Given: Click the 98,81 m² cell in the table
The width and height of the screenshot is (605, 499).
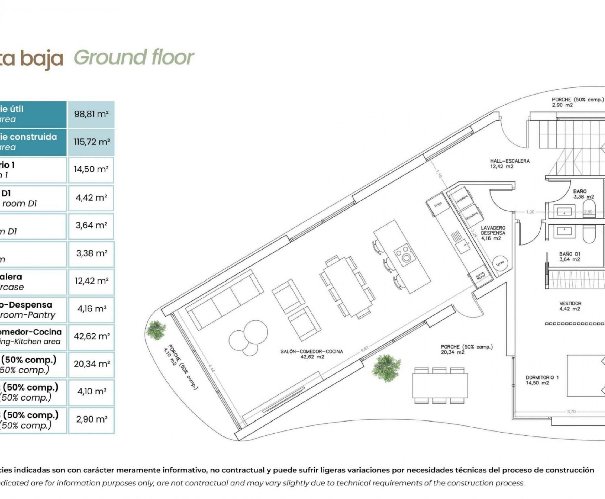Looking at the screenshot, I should coord(91,114).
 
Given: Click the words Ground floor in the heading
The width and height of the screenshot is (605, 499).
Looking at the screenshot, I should coord(134,57).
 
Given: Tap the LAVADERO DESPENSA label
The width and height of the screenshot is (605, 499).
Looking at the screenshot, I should coord(493,233).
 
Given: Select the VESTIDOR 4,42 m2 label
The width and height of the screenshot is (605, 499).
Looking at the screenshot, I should coord(570,306).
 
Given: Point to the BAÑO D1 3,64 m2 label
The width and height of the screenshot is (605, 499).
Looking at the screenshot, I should coord(570,256).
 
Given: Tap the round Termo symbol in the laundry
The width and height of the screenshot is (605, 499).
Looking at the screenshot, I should coord(500,263).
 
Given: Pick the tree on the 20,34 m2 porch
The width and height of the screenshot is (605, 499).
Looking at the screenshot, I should coord(386,368).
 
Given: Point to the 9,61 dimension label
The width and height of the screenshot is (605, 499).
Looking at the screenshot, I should coord(364,349).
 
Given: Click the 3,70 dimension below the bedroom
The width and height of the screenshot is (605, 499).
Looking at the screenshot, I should coord(571,412).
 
